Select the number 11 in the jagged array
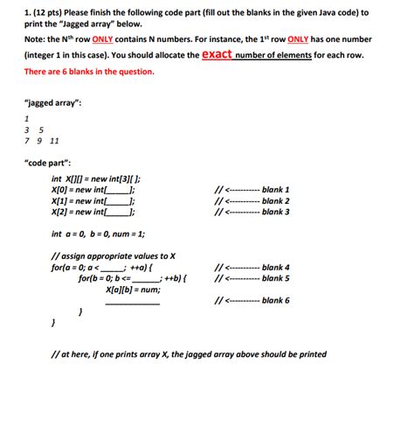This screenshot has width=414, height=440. [x=54, y=141]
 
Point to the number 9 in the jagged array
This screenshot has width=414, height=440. [x=40, y=141]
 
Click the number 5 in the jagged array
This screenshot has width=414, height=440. [x=41, y=129]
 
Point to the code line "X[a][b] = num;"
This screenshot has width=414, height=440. [x=132, y=290]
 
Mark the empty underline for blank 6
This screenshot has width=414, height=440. [x=132, y=304]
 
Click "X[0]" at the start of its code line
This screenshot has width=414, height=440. [x=61, y=190]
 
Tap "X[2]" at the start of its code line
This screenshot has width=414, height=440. [x=61, y=212]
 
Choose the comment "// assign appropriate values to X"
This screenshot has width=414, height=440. [x=114, y=256]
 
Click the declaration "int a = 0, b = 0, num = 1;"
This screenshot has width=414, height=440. [x=98, y=234]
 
